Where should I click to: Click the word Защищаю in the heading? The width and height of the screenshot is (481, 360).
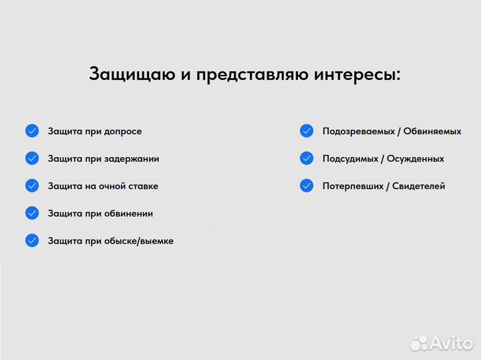click(x=132, y=74)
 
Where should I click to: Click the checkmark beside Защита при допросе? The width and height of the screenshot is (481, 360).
click(x=32, y=131)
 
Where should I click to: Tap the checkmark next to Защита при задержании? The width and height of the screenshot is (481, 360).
click(x=32, y=158)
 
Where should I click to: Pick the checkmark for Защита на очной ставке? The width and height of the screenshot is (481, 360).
click(x=32, y=186)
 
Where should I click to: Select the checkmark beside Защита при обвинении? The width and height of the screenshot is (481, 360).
click(x=32, y=213)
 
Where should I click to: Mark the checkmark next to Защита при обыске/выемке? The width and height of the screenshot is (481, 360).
click(x=32, y=240)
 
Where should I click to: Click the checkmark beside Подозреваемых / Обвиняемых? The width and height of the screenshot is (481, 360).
click(x=307, y=131)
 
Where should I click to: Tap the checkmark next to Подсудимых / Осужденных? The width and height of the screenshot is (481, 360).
click(x=307, y=158)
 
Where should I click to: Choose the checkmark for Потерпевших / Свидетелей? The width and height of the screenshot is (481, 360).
click(x=307, y=186)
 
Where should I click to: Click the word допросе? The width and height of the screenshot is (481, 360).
click(x=123, y=132)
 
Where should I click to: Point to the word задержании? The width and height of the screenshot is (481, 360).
click(x=132, y=159)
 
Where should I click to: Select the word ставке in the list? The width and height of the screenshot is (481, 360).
click(x=143, y=186)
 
